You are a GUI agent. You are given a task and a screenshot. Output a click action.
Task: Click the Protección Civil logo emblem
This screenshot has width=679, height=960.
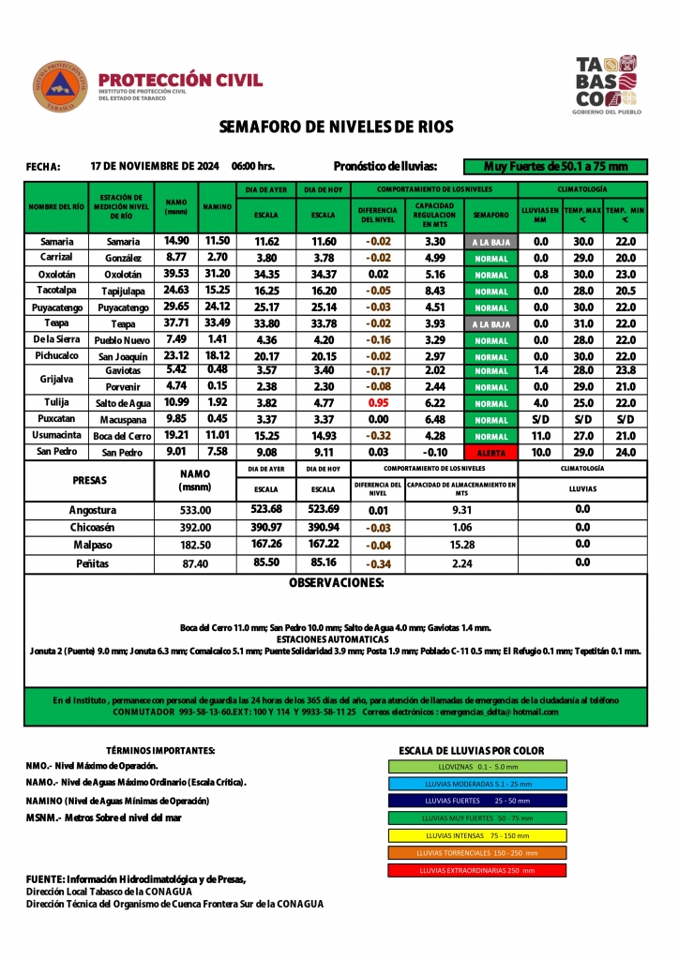click(x=60, y=86)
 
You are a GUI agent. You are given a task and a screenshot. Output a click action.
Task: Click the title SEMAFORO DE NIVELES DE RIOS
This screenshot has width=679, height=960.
click(x=336, y=127)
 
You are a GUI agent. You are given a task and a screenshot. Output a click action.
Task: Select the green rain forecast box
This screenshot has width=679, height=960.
click(x=555, y=167)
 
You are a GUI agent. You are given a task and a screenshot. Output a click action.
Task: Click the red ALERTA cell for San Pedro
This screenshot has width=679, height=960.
click(x=490, y=453)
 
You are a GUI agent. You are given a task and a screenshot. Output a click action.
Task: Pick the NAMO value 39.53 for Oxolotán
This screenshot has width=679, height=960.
click(x=176, y=274)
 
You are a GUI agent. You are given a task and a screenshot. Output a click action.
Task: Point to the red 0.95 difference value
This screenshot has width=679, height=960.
click(x=377, y=402)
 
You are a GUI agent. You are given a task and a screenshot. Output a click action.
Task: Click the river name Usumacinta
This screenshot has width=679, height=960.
click(x=56, y=436)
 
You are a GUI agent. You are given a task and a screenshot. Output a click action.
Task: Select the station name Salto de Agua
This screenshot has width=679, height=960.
click(x=123, y=403)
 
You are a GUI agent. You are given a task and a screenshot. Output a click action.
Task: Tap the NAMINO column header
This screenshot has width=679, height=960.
click(x=218, y=206)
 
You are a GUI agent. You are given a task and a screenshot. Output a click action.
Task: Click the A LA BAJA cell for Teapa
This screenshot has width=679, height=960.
click(x=490, y=324)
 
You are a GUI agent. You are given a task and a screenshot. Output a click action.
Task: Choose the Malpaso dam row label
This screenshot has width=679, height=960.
click(x=93, y=544)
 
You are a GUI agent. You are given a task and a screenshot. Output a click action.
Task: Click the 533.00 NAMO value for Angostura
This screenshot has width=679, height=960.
click(x=195, y=510)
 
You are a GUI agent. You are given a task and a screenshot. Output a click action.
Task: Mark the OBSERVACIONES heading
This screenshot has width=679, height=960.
click(x=336, y=583)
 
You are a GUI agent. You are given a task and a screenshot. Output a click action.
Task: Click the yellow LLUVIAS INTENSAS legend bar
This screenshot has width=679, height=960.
click(x=477, y=835)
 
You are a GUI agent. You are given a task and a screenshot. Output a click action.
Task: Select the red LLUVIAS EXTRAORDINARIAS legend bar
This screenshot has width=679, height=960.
click(x=477, y=870)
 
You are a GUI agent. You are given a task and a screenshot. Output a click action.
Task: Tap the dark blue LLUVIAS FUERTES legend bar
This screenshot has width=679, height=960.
click(x=477, y=801)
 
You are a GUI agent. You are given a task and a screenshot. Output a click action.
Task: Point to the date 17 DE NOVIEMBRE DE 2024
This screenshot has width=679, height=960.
click(x=155, y=166)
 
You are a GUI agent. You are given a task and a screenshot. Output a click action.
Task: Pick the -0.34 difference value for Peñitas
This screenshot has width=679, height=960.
click(x=377, y=564)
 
